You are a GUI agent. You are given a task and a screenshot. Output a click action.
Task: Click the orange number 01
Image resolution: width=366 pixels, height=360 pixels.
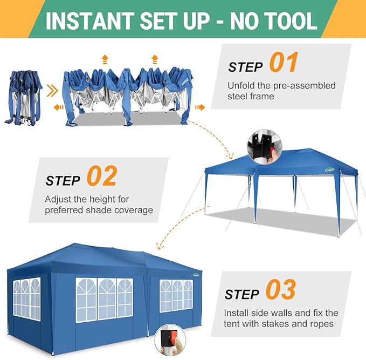pos(284,62)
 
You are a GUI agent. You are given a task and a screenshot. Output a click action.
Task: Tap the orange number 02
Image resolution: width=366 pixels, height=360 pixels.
pos(102,176)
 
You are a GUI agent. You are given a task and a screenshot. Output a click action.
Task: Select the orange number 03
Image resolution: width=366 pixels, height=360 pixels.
pos(281,289)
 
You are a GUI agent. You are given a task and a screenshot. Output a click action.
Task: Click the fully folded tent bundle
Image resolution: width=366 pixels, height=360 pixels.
pos(23,98)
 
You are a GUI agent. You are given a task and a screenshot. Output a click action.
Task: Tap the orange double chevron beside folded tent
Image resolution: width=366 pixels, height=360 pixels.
pos(52,91)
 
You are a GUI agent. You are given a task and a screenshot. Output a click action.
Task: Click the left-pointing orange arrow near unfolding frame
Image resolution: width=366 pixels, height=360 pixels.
pos(58,107)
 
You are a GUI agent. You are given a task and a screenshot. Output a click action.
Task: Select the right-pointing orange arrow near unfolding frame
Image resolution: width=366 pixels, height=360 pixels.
pos(200,107)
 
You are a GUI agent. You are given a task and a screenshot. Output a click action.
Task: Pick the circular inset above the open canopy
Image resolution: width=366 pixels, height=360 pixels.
pos(265,147)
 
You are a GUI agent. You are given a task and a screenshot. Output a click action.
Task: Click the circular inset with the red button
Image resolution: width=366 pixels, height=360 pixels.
pos(170,339)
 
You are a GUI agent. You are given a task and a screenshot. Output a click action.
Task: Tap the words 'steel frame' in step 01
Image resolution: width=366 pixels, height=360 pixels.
pos(251,96)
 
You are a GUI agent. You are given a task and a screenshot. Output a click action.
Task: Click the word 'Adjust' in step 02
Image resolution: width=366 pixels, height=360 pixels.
pos(58,200)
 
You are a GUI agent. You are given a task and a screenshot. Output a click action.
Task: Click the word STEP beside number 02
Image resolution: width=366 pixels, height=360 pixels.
pos(63,180)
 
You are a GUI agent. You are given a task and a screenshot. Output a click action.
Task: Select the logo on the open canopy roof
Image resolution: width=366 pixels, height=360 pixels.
pos(329,170)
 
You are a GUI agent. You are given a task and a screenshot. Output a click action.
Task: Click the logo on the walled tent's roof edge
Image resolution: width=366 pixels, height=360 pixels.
pos(196,275)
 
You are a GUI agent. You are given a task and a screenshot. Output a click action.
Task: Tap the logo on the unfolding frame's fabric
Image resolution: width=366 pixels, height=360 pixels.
pos(185,81)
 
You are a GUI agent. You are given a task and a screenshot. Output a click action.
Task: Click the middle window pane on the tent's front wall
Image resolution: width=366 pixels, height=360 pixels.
pos(107,299)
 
